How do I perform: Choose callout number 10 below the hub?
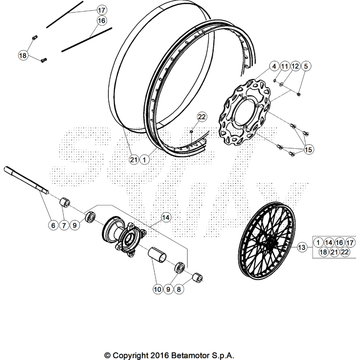pos(157,289)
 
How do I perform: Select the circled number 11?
pos(284,66)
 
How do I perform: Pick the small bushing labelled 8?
pos(197,278)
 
